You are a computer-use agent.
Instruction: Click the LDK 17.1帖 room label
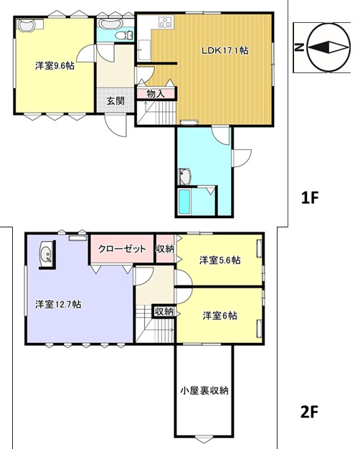point(225,51)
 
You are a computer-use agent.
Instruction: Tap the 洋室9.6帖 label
point(55,66)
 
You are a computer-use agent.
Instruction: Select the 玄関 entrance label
point(115,101)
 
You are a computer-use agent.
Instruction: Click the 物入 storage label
point(156,94)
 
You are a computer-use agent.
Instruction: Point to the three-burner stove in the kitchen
point(166,22)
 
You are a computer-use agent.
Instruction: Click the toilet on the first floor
point(124,36)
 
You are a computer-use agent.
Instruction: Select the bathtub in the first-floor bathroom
point(184,202)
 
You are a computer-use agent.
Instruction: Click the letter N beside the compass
point(299,47)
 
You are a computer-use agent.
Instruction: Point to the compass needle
point(328,47)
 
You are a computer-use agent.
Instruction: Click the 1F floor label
point(310,198)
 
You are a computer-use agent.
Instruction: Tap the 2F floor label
point(310,412)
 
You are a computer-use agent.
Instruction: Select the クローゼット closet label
point(123,249)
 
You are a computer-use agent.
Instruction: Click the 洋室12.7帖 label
point(58,304)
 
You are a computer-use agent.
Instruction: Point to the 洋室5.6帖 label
point(220,260)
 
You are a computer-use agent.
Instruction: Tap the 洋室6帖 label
point(220,316)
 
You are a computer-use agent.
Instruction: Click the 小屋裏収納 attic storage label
point(204,390)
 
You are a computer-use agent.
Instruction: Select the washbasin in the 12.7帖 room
point(46,254)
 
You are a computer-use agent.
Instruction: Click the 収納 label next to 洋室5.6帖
point(165,249)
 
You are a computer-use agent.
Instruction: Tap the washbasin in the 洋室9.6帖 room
point(26,24)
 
